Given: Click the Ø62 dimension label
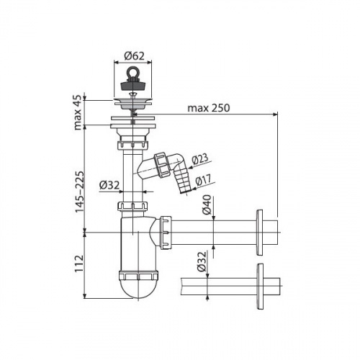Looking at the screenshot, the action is (x=134, y=55).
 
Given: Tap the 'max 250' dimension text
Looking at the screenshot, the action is (x=208, y=108).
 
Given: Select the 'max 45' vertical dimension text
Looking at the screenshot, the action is (x=78, y=112).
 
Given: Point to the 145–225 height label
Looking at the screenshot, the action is (x=80, y=192).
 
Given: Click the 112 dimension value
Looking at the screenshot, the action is (x=79, y=263).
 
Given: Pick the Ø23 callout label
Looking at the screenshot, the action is (x=200, y=159).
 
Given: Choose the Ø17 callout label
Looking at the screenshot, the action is (x=203, y=180).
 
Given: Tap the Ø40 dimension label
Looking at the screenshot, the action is (x=207, y=204).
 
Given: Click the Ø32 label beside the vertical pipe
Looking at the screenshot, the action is (x=109, y=185).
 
